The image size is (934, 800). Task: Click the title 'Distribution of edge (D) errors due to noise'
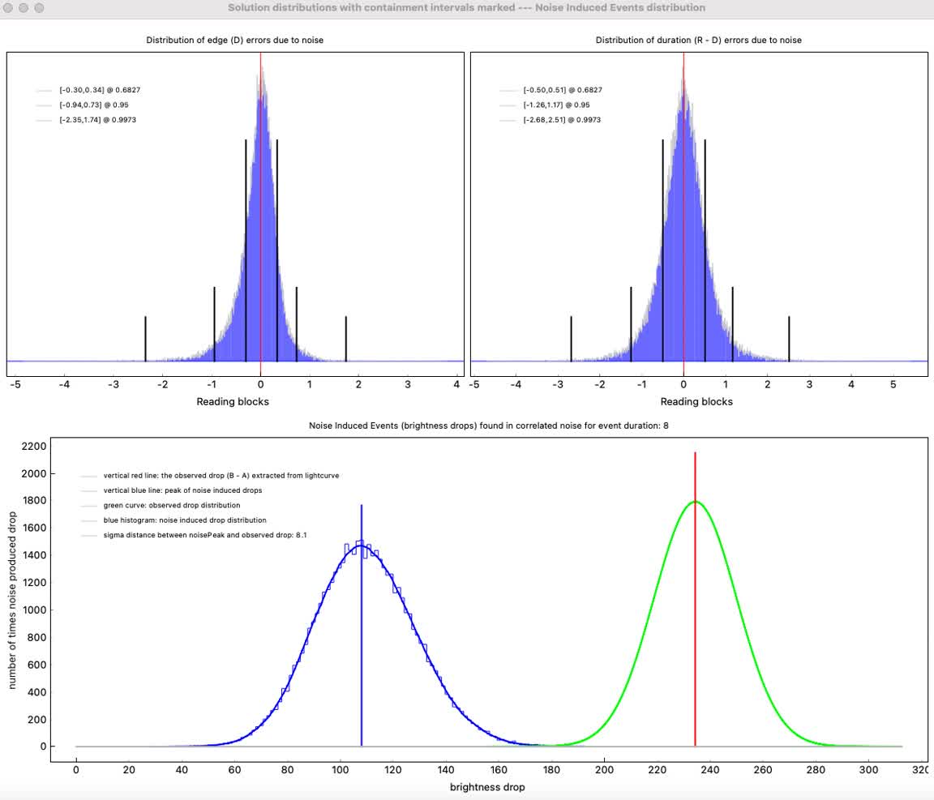234,40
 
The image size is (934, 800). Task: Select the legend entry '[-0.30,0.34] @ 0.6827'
94,90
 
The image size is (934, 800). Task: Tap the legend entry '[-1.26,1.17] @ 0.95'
556,105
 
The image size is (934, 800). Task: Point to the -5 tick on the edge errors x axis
15,385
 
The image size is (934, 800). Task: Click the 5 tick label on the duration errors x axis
893,385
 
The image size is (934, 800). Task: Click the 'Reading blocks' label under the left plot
233,401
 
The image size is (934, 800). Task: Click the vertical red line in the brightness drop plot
695,600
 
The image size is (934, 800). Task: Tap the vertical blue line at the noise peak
361,632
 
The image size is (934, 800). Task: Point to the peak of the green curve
695,502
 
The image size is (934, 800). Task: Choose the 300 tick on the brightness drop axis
868,769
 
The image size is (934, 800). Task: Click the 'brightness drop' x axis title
487,787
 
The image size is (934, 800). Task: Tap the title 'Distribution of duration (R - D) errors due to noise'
698,40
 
